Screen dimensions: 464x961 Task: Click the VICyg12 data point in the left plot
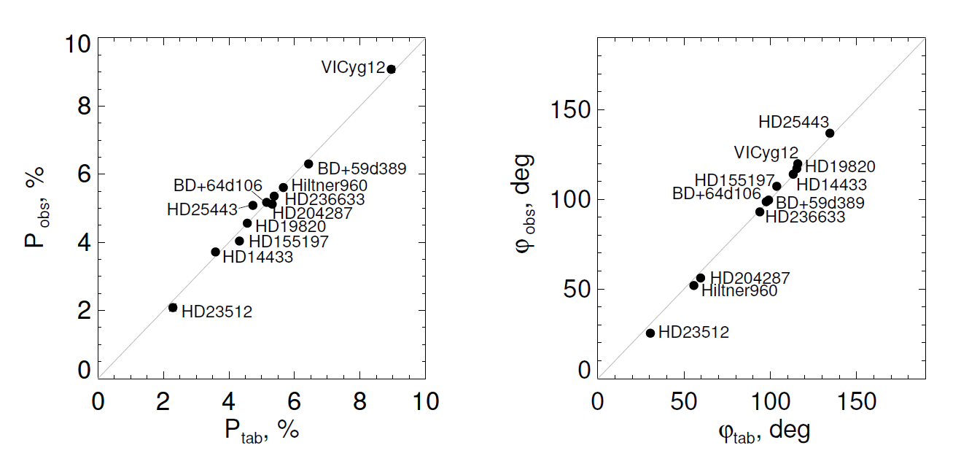[x=392, y=69]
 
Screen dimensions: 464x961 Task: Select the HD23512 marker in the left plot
[x=173, y=308]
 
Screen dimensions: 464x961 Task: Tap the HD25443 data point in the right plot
[x=830, y=133]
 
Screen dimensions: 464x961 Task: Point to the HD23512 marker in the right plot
[x=650, y=333]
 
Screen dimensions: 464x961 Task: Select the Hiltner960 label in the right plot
[x=739, y=290]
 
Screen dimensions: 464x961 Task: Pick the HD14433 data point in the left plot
[x=215, y=252]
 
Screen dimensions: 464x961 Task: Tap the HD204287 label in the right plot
[x=750, y=278]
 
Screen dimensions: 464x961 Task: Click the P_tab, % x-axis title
[x=262, y=430]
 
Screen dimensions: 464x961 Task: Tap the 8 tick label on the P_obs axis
[x=83, y=107]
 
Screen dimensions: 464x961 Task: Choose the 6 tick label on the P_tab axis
[x=295, y=402]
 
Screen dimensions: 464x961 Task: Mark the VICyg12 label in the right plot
[x=766, y=152]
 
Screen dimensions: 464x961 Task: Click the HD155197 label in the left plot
[x=289, y=241]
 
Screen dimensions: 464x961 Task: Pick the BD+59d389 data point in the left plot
[x=308, y=164]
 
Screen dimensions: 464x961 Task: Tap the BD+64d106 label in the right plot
[x=716, y=194]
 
